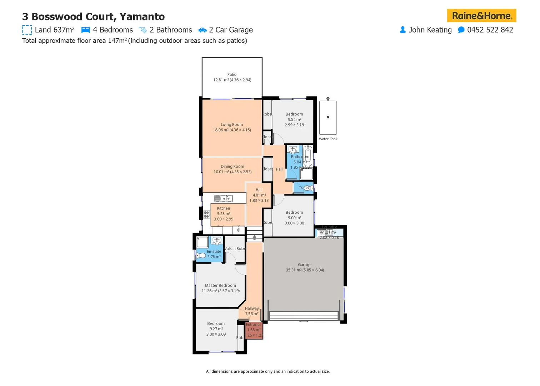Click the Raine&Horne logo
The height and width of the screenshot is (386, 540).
[x=481, y=16]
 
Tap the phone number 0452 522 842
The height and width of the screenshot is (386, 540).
[x=490, y=30]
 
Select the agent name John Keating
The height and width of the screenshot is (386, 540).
[x=430, y=30]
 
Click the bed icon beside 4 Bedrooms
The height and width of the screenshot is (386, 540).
[x=85, y=30]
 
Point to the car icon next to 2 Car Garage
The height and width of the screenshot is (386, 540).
[x=202, y=30]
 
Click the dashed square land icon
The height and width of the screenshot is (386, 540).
[x=27, y=30]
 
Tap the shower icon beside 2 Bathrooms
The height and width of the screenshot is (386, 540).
[x=143, y=30]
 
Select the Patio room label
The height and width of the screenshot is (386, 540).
[x=232, y=75]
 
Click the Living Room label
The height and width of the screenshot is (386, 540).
[x=231, y=125]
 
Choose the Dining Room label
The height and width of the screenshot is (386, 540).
[x=232, y=167]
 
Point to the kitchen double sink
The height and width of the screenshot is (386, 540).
[x=223, y=198]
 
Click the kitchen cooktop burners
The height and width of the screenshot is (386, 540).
[x=206, y=214]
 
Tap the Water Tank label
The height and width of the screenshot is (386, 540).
[x=328, y=139]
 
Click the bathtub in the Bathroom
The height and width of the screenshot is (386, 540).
[x=308, y=156]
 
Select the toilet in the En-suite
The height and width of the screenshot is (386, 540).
[x=201, y=256]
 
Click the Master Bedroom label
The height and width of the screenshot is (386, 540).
[x=220, y=286]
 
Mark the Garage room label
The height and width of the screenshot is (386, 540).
[x=304, y=265]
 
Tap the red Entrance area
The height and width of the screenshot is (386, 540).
[x=254, y=331]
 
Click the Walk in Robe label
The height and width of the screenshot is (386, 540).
[x=235, y=249]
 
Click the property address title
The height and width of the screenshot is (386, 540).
[x=93, y=17]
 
